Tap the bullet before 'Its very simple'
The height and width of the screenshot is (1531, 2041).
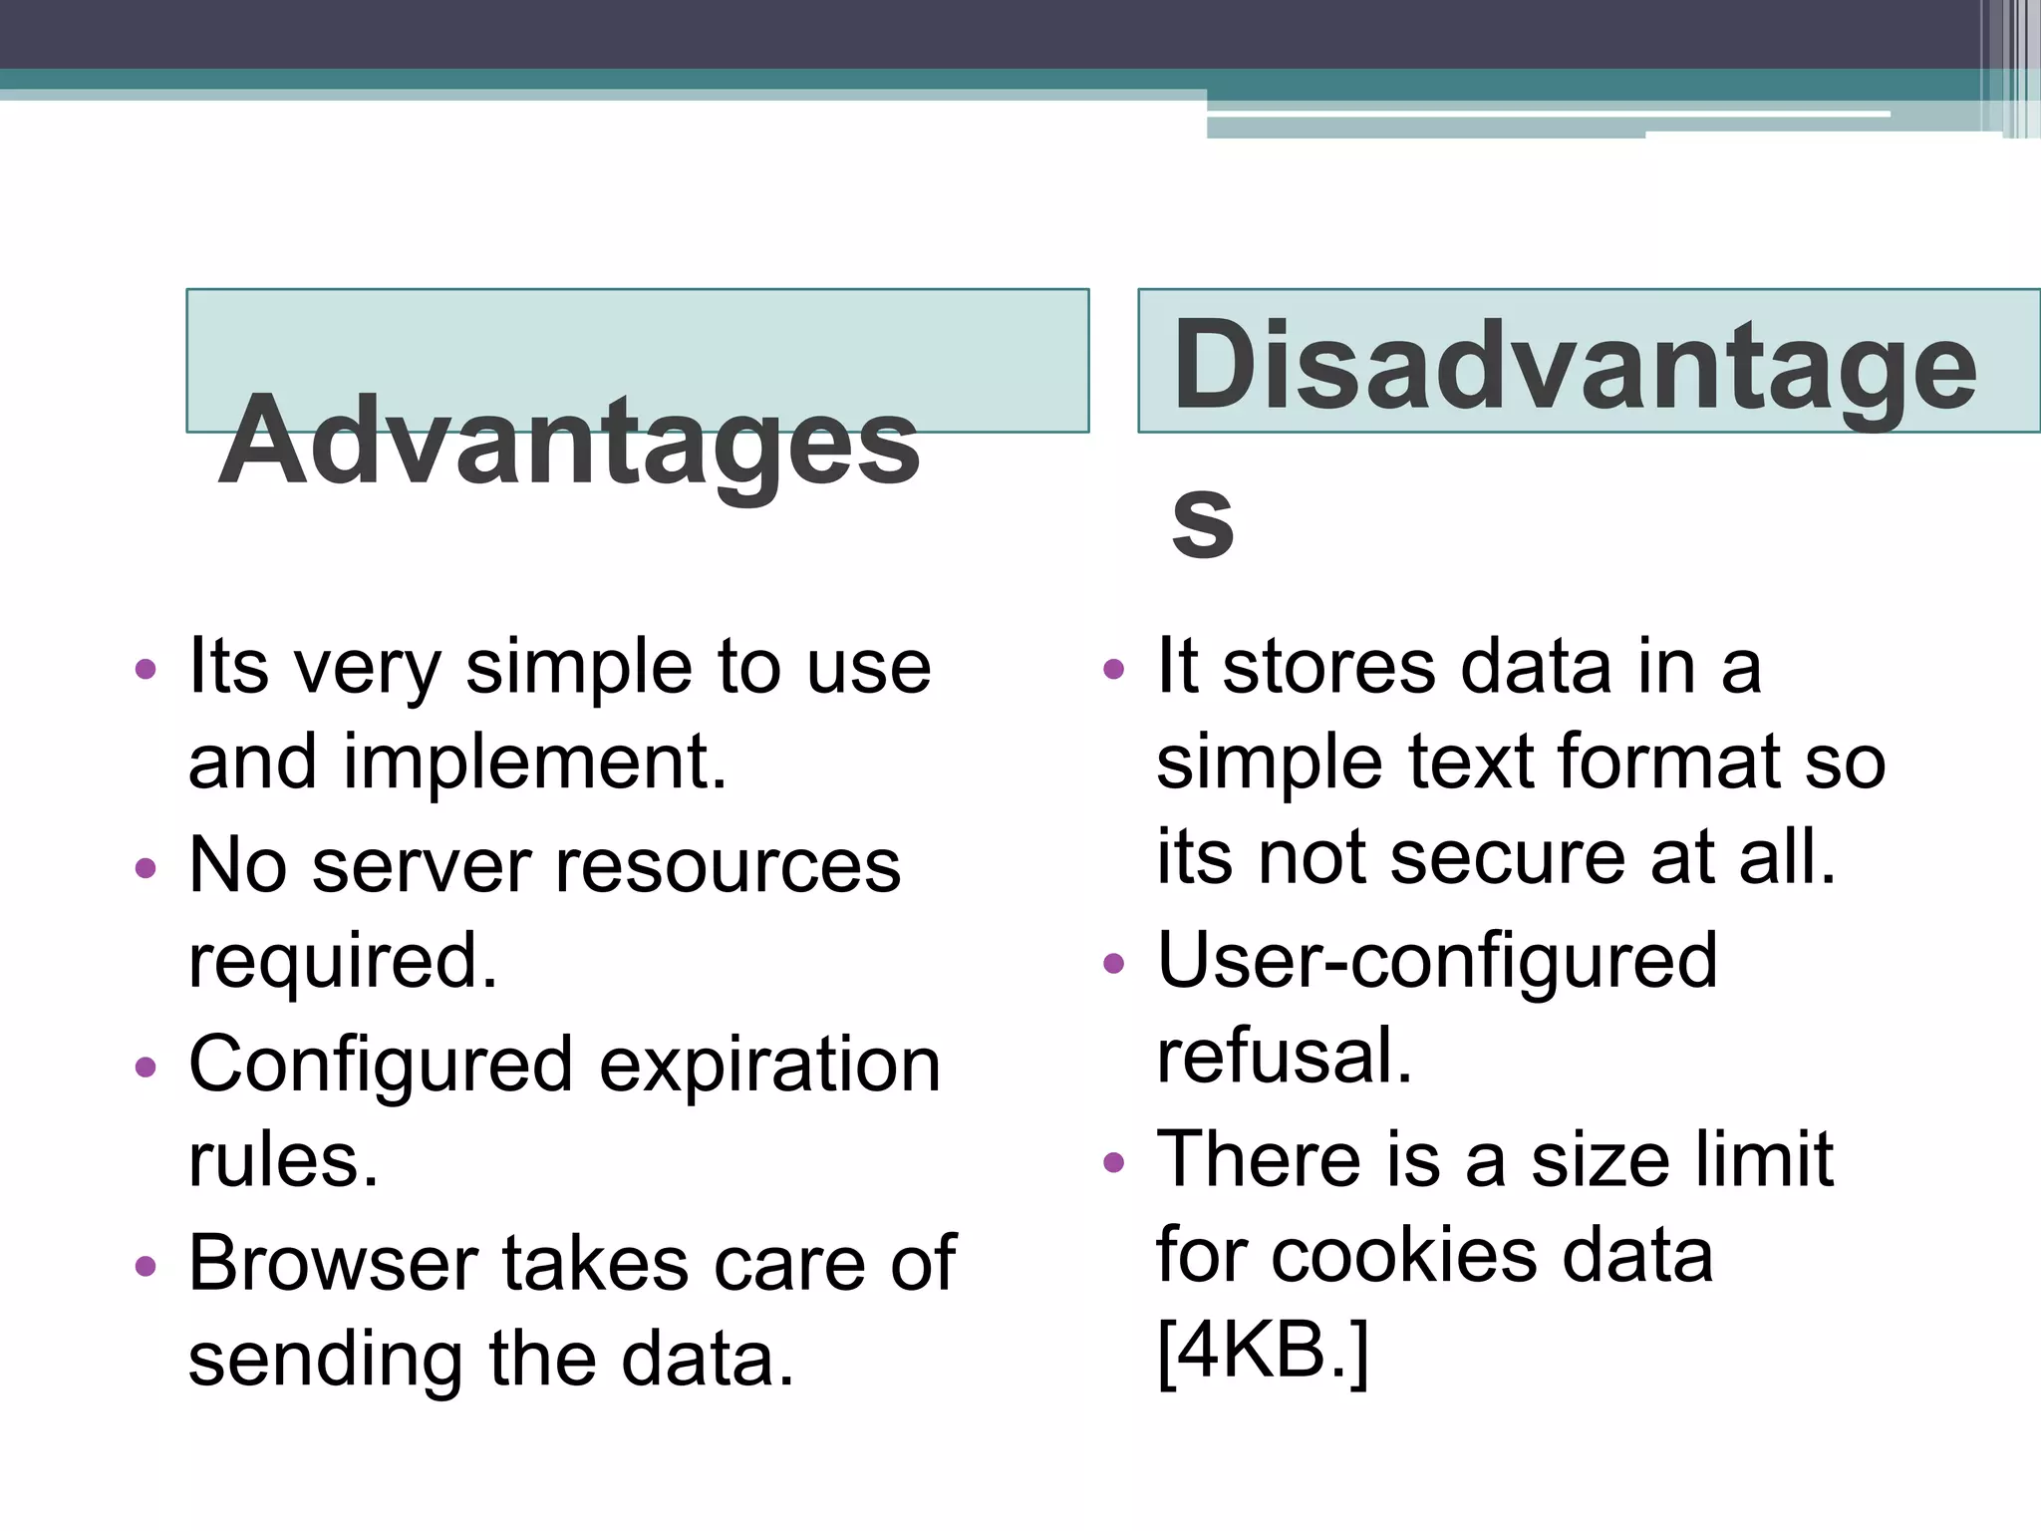click(146, 668)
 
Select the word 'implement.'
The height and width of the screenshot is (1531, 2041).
click(535, 763)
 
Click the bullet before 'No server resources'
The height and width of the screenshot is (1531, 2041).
click(146, 867)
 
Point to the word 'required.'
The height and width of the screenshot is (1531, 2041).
click(343, 962)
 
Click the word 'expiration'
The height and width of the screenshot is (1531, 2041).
click(769, 1065)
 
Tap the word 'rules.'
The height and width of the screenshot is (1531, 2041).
click(283, 1160)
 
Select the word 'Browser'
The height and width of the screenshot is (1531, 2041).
click(334, 1264)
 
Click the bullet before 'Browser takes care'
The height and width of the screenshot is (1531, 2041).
click(146, 1266)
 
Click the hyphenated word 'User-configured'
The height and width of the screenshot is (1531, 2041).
click(1437, 961)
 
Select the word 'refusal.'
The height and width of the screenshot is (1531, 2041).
click(1284, 1057)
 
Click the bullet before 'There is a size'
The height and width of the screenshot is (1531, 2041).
click(1114, 1162)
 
